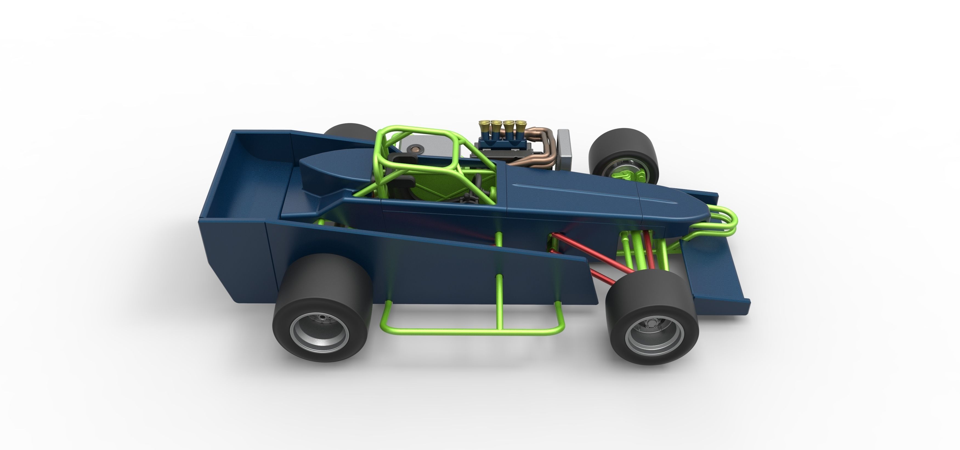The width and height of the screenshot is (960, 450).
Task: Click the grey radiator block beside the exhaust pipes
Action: (564, 147)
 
